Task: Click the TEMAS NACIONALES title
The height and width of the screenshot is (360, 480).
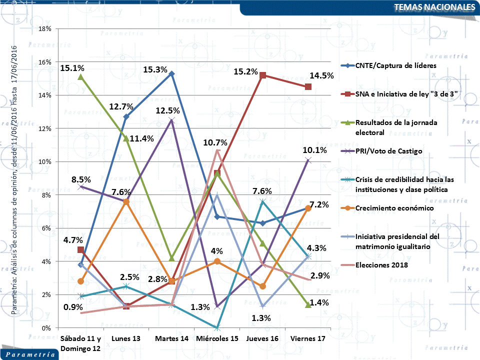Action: pos(434,7)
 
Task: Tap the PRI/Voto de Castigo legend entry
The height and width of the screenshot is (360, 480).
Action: pos(389,151)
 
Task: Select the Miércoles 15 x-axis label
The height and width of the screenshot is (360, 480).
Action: pos(217,339)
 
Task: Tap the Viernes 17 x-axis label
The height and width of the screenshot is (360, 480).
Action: pos(308,339)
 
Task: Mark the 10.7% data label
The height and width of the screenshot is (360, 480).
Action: pos(215,143)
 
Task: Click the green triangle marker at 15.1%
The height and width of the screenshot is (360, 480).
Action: pos(80,77)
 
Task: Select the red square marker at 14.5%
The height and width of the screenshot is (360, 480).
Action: pos(308,87)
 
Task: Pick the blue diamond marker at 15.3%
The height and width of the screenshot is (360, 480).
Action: pos(171,74)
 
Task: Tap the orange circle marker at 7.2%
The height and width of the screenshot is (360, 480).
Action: pos(308,208)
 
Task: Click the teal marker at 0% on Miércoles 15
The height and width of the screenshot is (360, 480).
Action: pos(217,327)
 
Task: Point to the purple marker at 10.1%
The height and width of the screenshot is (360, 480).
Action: pos(308,160)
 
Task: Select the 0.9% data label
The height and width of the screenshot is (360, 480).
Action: pos(73,307)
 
